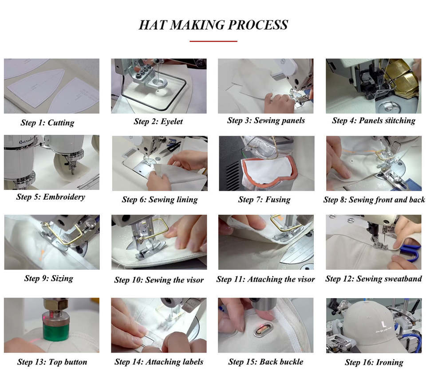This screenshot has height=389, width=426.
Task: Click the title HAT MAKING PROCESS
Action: click(x=213, y=25)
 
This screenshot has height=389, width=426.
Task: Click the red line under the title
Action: click(x=213, y=41)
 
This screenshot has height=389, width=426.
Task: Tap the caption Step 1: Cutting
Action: click(x=47, y=123)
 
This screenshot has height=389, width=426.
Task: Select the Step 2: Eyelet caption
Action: click(x=158, y=122)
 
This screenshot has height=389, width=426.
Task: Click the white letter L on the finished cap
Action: click(x=383, y=324)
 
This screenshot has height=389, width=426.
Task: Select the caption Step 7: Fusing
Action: click(x=264, y=200)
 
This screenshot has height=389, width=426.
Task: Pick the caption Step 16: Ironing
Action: click(x=374, y=362)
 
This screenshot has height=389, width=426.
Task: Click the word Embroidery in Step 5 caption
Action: click(x=64, y=196)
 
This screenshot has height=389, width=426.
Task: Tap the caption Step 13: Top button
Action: click(x=52, y=362)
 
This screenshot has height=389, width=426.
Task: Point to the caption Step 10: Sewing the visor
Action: click(x=159, y=280)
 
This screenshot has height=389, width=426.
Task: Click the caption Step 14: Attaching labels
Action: click(x=159, y=362)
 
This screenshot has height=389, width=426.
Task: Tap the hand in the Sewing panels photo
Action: click(x=279, y=102)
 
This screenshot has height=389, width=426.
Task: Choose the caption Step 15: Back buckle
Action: click(x=266, y=362)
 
